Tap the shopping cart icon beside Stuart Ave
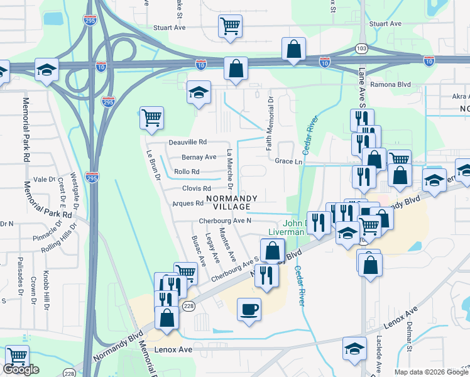tap(231, 26)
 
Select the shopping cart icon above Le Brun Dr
tap(151, 117)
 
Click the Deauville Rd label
tap(187, 143)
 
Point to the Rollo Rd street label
tap(187, 172)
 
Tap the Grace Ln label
tap(288, 161)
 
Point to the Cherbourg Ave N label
tap(225, 221)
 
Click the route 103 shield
tap(361, 48)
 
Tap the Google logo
tap(21, 370)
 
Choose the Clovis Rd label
tap(197, 188)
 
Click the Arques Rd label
tap(188, 204)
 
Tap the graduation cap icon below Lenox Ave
tap(354, 349)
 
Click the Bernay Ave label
tap(199, 157)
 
